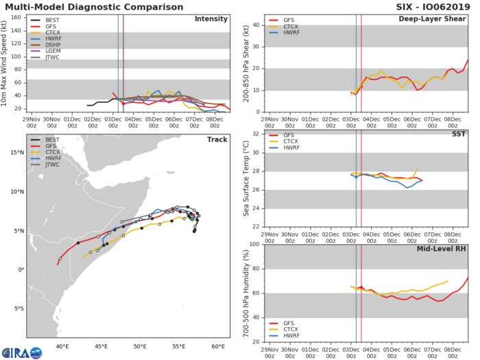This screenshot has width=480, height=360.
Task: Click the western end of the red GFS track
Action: click(x=58, y=264)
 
